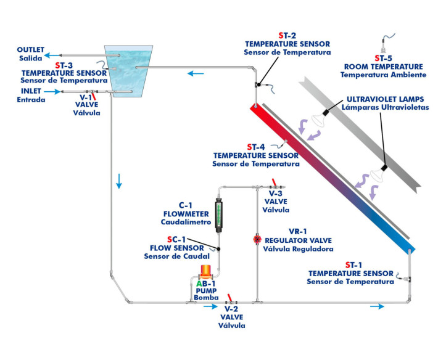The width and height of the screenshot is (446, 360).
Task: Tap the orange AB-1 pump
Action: (x=205, y=272)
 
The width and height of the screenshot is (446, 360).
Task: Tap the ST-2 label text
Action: (x=287, y=36)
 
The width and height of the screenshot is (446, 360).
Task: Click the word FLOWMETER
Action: (x=183, y=213)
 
